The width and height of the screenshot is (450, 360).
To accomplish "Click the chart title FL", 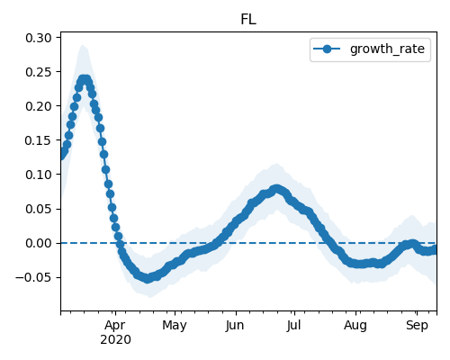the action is (248, 20).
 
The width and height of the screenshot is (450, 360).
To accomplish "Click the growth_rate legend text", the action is (387, 49).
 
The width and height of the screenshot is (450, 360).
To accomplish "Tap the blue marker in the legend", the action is (327, 49).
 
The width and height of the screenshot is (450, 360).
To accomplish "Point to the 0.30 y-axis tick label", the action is (39, 38).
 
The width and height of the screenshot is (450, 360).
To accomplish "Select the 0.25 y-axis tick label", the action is (39, 72).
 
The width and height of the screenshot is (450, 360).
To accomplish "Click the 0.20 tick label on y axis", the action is (39, 106).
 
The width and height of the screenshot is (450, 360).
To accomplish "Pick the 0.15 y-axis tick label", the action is (39, 140).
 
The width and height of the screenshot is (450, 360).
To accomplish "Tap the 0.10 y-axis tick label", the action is (39, 175).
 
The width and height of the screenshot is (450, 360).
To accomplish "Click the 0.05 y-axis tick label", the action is (39, 209).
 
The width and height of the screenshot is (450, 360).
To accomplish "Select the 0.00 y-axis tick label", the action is (39, 243).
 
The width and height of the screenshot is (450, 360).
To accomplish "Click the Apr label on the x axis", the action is (115, 326).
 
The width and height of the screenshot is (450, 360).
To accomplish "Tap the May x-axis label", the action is (175, 326).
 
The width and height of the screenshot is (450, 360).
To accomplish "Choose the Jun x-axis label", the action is (235, 326).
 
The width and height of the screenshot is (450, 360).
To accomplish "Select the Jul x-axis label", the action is (293, 326).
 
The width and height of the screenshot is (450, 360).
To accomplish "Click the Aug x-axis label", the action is (355, 326).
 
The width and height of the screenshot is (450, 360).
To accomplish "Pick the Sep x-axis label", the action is (417, 326).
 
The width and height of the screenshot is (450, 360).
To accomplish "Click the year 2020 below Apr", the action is (115, 340).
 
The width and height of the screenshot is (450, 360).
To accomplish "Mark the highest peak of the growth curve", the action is (85, 80).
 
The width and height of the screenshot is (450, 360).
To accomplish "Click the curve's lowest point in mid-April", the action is (147, 278).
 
